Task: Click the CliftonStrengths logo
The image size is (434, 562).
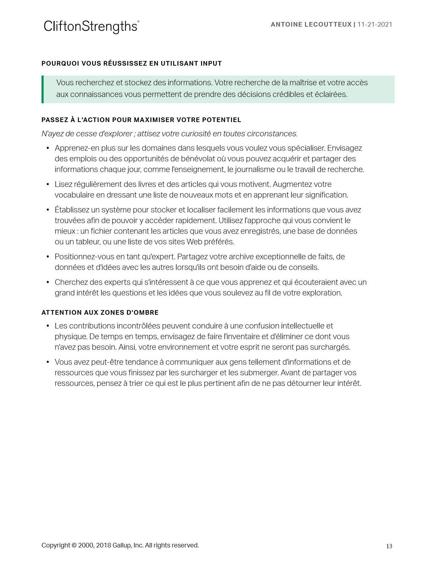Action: pos(91,27)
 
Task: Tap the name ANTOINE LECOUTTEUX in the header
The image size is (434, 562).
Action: pos(311,24)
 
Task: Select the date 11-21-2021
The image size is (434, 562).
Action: pos(375,24)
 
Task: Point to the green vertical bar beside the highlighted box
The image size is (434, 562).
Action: pos(43,89)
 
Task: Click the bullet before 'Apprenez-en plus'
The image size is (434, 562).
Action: pos(48,148)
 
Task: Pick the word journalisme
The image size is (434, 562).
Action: pos(254,170)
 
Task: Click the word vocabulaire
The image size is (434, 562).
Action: pos(73,195)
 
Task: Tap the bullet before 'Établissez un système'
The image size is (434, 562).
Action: pos(48,210)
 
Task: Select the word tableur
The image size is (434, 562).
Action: pos(87,242)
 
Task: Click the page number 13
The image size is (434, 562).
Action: pos(389,546)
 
